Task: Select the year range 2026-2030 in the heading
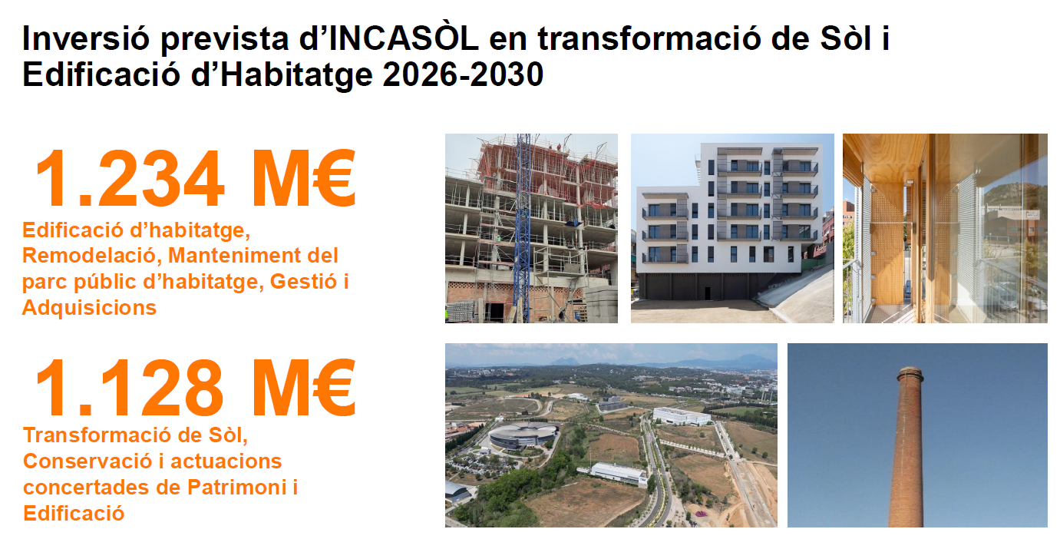(x=463, y=74)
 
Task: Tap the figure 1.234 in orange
(x=129, y=179)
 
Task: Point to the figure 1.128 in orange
(x=129, y=388)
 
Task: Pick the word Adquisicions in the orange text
(x=89, y=308)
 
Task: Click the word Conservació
(x=87, y=461)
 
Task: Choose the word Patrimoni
(x=236, y=488)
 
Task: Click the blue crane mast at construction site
(x=523, y=227)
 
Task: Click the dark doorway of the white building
(x=708, y=293)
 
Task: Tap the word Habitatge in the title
(x=296, y=74)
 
